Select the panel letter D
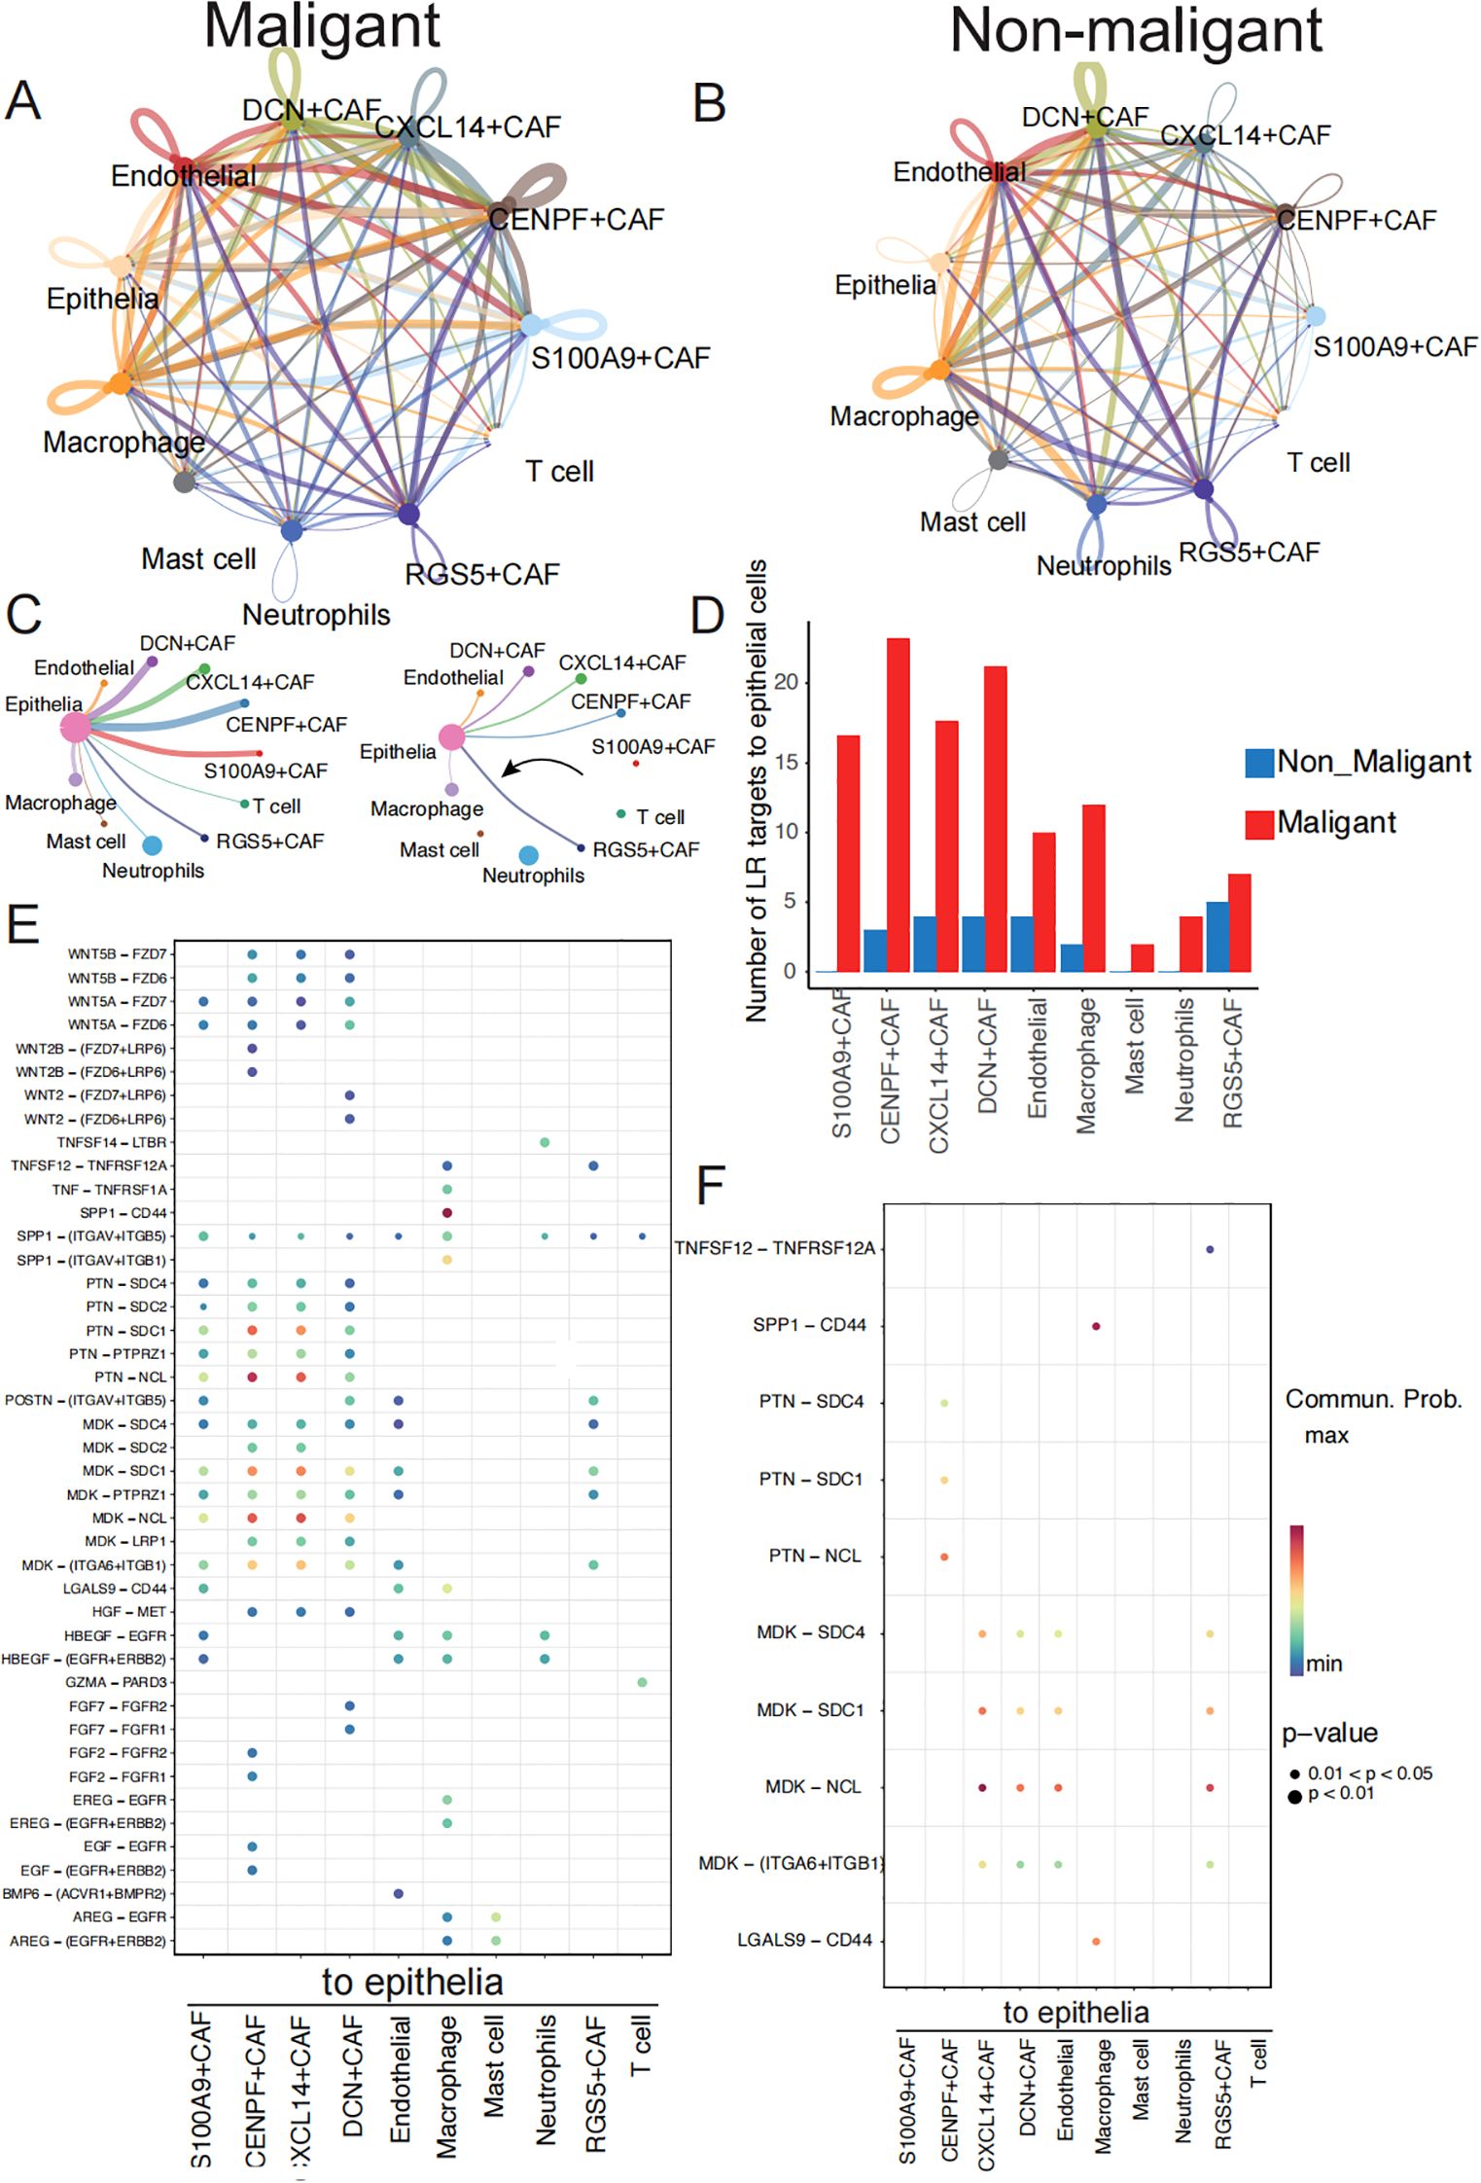(x=708, y=615)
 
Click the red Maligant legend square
(x=1259, y=824)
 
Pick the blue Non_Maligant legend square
(x=1259, y=763)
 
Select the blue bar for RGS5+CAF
(x=1217, y=936)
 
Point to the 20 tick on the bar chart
(x=785, y=682)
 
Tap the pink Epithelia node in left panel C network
(x=75, y=727)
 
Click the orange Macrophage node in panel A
(x=119, y=383)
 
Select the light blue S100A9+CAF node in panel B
(x=1315, y=316)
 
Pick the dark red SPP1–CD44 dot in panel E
(x=446, y=1213)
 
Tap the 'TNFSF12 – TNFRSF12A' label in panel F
(x=775, y=1248)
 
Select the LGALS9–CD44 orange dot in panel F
(x=1096, y=1941)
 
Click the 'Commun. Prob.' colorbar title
(x=1373, y=1399)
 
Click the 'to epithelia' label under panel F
(x=1075, y=2011)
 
